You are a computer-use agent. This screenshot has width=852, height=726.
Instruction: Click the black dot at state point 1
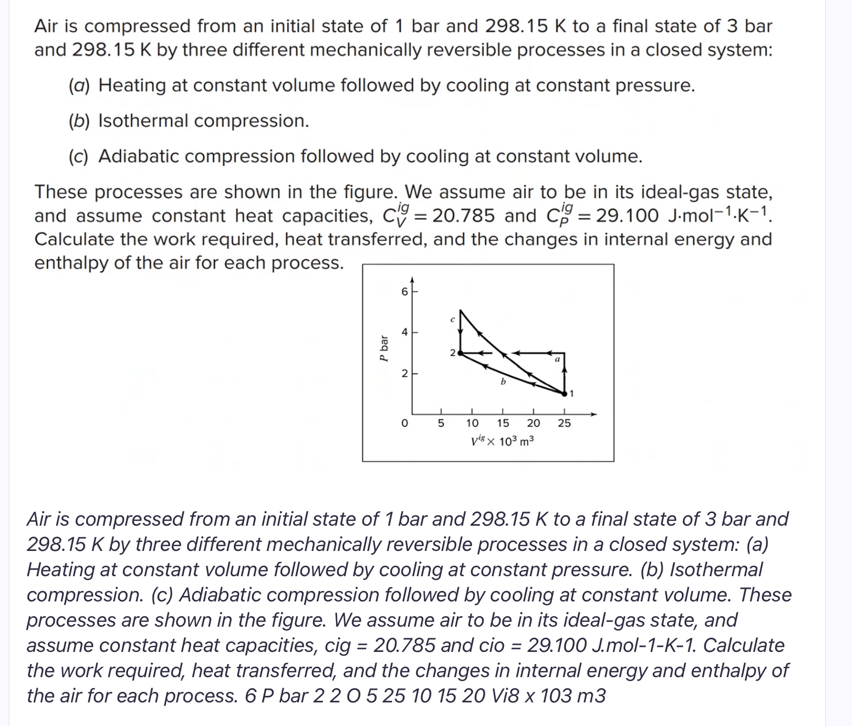[x=564, y=393]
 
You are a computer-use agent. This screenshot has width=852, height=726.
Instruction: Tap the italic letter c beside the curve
[x=451, y=318]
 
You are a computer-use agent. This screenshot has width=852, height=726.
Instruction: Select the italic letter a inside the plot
[x=556, y=359]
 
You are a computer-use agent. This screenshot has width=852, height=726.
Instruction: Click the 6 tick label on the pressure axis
[x=405, y=292]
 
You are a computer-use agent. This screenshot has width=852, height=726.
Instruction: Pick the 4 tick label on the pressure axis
[x=405, y=332]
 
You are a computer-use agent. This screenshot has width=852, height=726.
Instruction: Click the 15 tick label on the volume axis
[x=503, y=423]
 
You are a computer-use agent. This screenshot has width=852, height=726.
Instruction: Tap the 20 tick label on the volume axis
[x=533, y=423]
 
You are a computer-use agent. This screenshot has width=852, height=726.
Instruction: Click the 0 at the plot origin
[x=405, y=423]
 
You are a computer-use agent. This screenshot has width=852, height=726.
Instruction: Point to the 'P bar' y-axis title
[x=385, y=348]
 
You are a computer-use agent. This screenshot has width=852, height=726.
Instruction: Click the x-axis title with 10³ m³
[x=502, y=441]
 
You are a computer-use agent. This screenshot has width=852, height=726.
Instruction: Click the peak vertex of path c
[x=461, y=311]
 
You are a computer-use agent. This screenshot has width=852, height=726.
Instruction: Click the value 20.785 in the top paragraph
[x=463, y=216]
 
